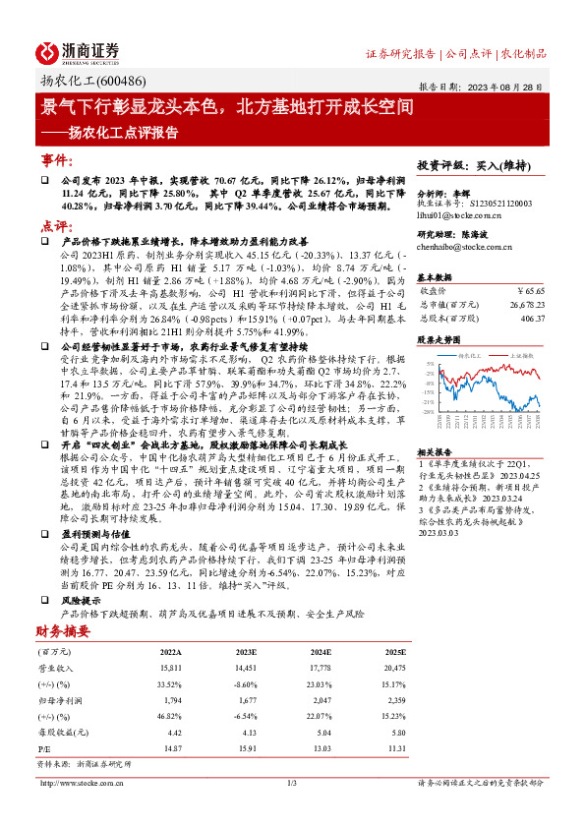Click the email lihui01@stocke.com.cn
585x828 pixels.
[459, 213]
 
